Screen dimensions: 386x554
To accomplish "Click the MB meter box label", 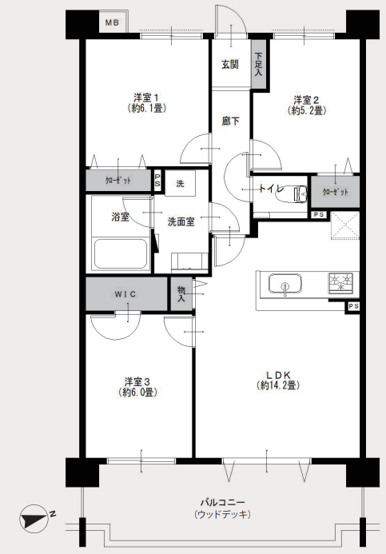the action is pyautogui.click(x=112, y=23).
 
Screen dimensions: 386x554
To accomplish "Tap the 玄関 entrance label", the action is pyautogui.click(x=230, y=65).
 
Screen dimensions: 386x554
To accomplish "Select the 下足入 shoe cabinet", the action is pyautogui.click(x=258, y=64).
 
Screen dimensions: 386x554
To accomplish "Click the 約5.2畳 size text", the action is pyautogui.click(x=307, y=110).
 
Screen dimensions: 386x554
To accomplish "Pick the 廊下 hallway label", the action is pyautogui.click(x=231, y=122).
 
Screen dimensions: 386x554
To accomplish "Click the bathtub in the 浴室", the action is pyautogui.click(x=121, y=254).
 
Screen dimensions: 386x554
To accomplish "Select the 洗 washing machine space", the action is pyautogui.click(x=180, y=183).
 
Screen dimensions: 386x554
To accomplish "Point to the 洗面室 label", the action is pyautogui.click(x=181, y=222).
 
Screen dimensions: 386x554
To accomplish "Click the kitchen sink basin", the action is pyautogui.click(x=285, y=284).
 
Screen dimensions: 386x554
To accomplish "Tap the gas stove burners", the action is pyautogui.click(x=341, y=283).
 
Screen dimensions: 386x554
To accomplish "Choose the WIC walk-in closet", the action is pyautogui.click(x=126, y=294).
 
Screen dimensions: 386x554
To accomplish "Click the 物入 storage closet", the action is pyautogui.click(x=181, y=294).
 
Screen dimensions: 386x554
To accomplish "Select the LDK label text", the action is pyautogui.click(x=278, y=374).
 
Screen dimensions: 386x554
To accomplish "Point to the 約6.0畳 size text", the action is pyautogui.click(x=137, y=393).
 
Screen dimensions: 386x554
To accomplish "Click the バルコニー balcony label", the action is pyautogui.click(x=222, y=502).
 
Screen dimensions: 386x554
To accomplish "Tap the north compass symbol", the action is pyautogui.click(x=34, y=519).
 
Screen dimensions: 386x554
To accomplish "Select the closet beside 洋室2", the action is pyautogui.click(x=335, y=192).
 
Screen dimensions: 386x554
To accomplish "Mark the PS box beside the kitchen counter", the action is pyautogui.click(x=353, y=307).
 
